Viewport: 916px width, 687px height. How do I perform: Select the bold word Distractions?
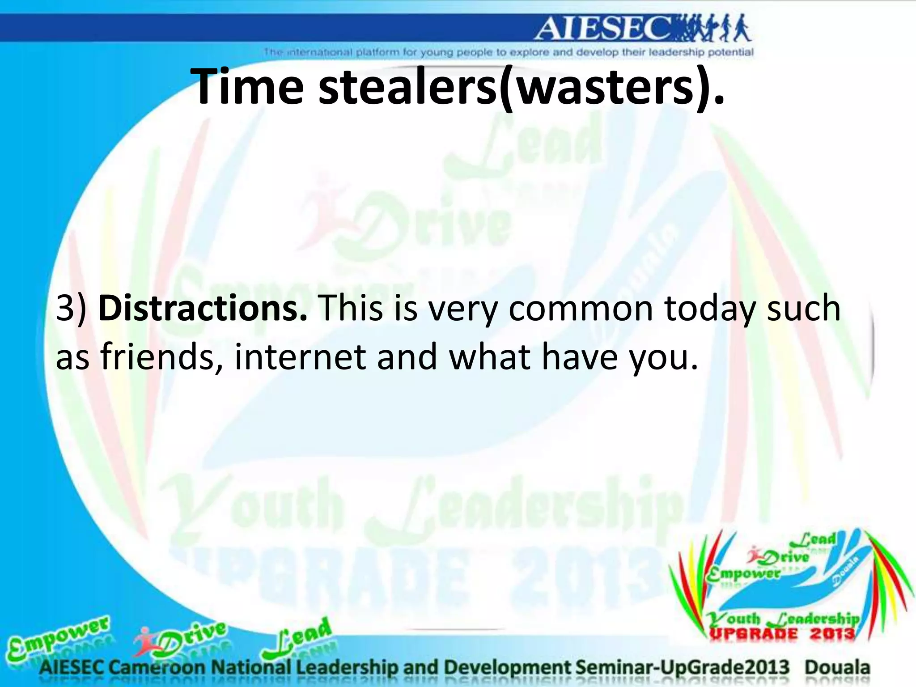tap(203, 309)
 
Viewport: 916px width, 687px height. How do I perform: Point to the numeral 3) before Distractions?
tap(71, 309)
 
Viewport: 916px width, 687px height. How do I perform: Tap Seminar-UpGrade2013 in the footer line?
tap(683, 667)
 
